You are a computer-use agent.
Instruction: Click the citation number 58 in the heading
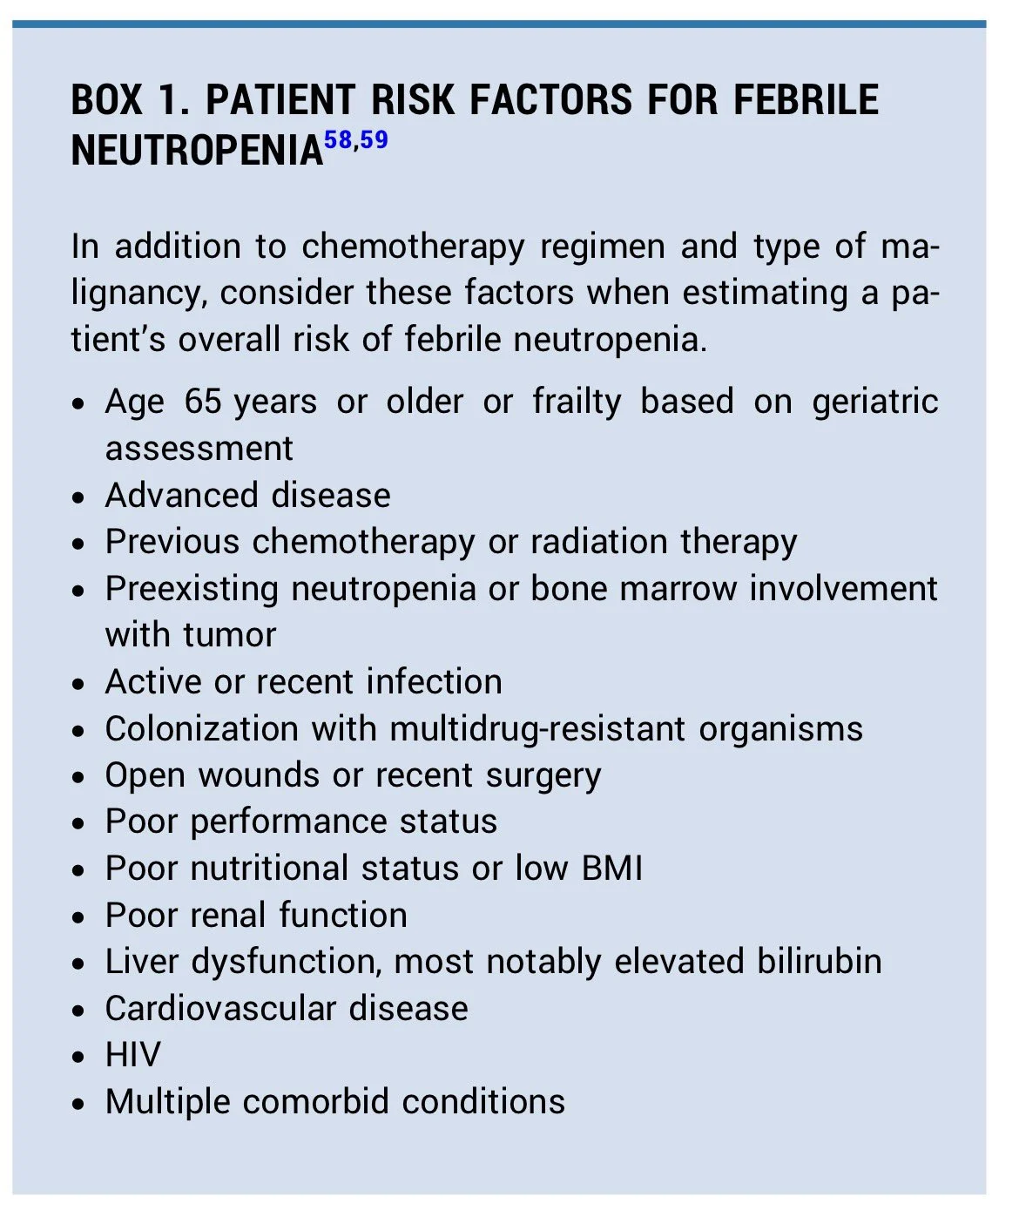[x=338, y=139]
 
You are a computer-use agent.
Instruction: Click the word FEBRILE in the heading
[x=806, y=100]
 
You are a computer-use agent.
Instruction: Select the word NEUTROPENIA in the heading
[x=197, y=152]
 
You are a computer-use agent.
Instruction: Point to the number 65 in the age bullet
[x=203, y=402]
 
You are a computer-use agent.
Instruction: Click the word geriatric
[x=874, y=402]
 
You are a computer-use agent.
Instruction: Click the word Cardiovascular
[x=221, y=1009]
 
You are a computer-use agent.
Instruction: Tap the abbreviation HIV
[x=132, y=1055]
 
